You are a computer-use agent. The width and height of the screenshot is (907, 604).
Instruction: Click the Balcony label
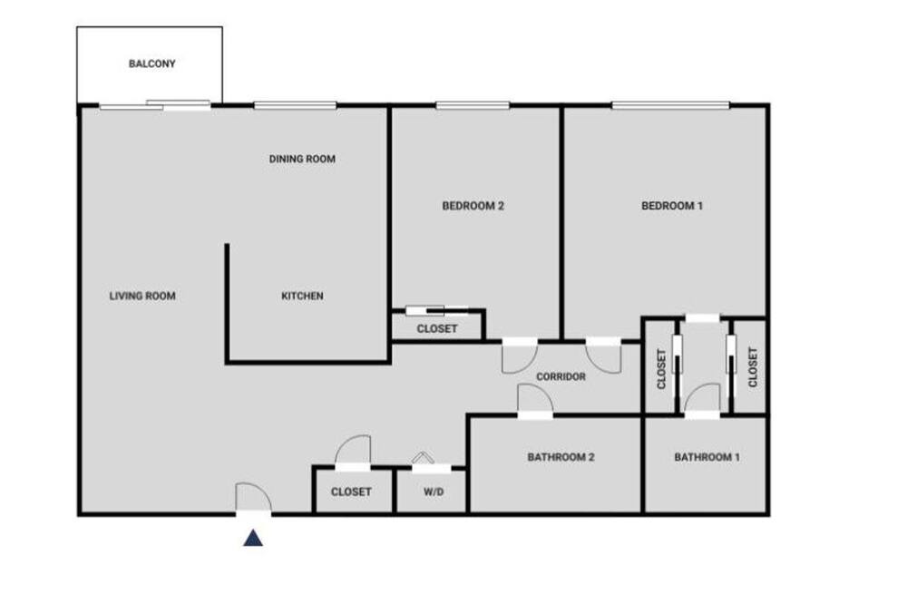coord(151,63)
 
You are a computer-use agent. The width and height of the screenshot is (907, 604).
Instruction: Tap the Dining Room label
coord(302,159)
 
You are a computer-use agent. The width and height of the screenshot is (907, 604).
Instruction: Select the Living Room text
coord(142,296)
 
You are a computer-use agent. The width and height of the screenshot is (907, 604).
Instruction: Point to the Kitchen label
coord(302,296)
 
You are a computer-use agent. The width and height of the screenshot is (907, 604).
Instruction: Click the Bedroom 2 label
coord(473,205)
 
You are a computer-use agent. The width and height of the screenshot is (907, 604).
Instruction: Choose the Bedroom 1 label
coord(671,205)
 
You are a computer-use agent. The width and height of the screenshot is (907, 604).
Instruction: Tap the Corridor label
coord(561,376)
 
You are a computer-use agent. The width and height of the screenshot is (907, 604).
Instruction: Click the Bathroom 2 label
coord(561,457)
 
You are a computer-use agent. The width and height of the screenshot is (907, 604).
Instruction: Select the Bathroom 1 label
coord(707,457)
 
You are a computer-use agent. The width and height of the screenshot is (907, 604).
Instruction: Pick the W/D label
coord(434,492)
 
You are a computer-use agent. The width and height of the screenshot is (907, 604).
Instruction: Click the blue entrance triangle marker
coord(253,538)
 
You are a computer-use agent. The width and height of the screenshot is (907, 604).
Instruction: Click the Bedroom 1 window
coord(671,105)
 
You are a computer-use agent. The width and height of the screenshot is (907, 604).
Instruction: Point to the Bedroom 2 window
coord(473,105)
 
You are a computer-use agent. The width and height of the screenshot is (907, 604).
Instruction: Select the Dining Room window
coord(295,105)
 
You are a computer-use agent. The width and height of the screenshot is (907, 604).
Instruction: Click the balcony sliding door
coord(155,104)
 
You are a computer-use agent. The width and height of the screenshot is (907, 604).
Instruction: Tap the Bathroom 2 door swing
coord(535,399)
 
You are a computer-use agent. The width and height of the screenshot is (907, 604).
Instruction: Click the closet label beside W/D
coord(351,492)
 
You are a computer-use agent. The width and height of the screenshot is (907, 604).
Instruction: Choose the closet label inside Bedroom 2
coord(437,328)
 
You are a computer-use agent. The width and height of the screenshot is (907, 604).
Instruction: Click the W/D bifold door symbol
coord(423,458)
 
